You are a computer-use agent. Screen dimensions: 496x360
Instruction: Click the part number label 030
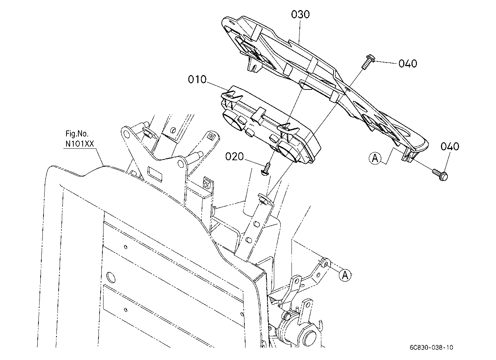click(x=300, y=14)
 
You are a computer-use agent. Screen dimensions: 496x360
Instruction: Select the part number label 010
click(x=197, y=79)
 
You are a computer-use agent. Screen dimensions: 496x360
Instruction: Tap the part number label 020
click(x=234, y=157)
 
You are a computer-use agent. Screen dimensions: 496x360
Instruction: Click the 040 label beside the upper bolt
click(x=408, y=64)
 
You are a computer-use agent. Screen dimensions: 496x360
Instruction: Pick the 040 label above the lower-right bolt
click(x=450, y=146)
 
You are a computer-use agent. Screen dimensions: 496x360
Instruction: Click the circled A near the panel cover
click(x=375, y=158)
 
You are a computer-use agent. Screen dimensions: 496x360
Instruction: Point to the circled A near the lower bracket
click(x=345, y=275)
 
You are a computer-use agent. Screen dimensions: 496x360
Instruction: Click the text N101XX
click(x=80, y=144)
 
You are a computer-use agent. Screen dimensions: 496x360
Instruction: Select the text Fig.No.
click(x=77, y=134)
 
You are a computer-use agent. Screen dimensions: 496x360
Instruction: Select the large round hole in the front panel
click(x=111, y=277)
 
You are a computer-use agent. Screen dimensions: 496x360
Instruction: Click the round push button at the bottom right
click(x=311, y=338)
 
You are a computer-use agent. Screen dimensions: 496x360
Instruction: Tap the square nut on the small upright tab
click(x=207, y=184)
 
